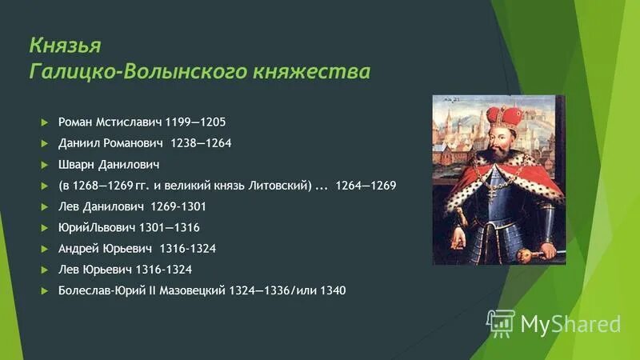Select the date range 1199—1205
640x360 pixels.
point(196,122)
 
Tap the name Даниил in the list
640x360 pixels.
point(78,143)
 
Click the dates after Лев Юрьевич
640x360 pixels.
point(162,270)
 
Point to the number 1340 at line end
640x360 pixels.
point(332,290)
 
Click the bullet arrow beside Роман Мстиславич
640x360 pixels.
point(45,122)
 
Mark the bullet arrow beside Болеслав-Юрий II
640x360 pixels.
point(45,290)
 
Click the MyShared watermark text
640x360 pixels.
point(570,323)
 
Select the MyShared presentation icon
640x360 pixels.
point(500,322)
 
